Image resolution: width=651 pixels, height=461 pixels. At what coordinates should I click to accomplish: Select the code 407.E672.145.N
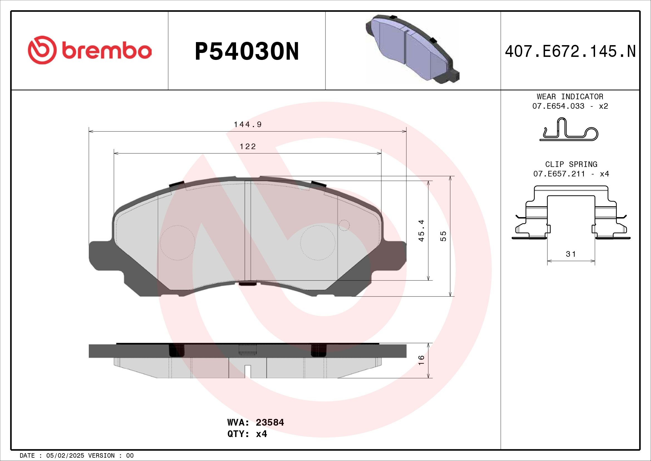point(570,52)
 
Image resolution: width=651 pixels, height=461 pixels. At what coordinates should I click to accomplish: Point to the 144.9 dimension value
point(247,125)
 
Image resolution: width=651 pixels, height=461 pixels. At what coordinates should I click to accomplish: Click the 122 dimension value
point(247,147)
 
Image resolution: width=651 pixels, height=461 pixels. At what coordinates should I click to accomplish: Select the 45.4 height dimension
point(421,230)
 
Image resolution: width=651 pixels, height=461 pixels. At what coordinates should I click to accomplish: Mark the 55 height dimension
point(443,236)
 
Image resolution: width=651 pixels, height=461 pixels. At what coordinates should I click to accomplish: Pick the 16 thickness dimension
point(421,360)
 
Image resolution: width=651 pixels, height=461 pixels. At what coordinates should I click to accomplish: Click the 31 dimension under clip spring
point(571,254)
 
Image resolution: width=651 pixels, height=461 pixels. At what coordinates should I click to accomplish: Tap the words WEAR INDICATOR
point(570,96)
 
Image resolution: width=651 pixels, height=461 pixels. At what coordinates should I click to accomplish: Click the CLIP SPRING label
point(571,164)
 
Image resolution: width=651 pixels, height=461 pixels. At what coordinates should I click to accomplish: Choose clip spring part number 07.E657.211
point(559,174)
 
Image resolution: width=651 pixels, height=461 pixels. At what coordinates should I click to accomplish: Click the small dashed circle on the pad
point(344,225)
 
